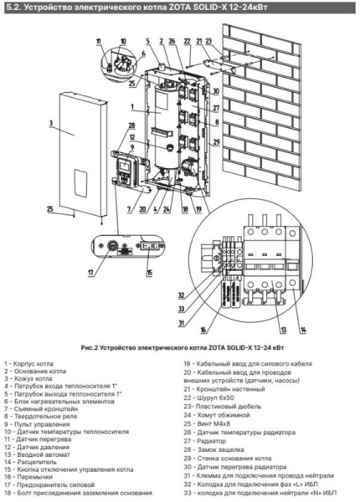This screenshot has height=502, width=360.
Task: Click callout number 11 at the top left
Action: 98,40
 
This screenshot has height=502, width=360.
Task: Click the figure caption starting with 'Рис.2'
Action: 179,346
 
